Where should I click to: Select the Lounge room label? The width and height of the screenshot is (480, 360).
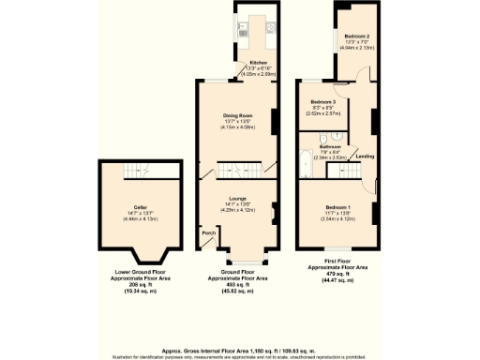click(x=236, y=199)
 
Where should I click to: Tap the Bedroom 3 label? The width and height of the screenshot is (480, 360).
click(x=323, y=101)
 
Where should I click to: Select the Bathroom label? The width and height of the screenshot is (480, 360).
click(x=329, y=146)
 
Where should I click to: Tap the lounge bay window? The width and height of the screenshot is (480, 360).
click(x=246, y=258)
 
